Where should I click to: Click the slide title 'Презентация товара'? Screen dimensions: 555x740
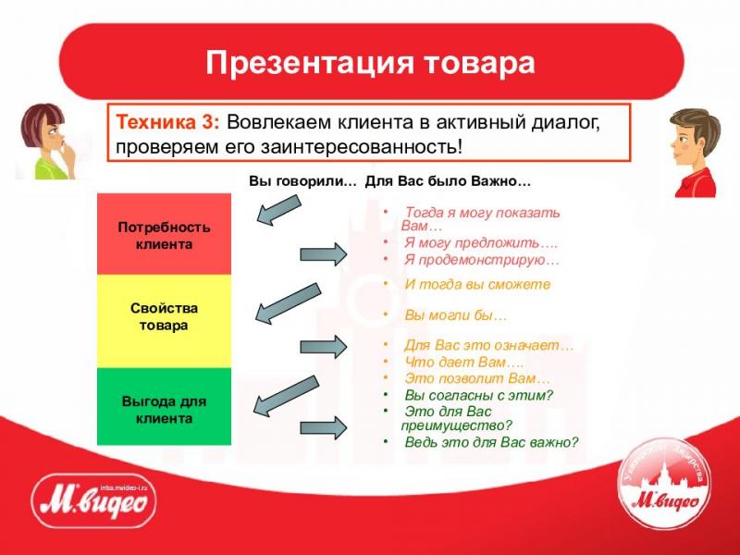pos(370,63)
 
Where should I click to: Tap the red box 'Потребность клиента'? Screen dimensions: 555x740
pos(164,236)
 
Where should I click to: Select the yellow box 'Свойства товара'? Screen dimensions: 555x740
pos(164,316)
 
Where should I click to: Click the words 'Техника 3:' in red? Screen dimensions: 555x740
pos(166,122)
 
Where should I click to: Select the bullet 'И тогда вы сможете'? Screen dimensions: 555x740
pos(477,285)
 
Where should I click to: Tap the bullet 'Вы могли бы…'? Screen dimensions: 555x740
pos(455,315)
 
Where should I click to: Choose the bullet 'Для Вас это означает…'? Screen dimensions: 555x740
pos(488,346)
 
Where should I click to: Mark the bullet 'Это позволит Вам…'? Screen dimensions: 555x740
pos(476,378)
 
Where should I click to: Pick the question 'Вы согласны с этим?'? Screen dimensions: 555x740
pos(478,395)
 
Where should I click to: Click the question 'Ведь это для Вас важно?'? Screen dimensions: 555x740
pos(490,442)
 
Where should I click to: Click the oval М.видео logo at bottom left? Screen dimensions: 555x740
pos(93,504)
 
